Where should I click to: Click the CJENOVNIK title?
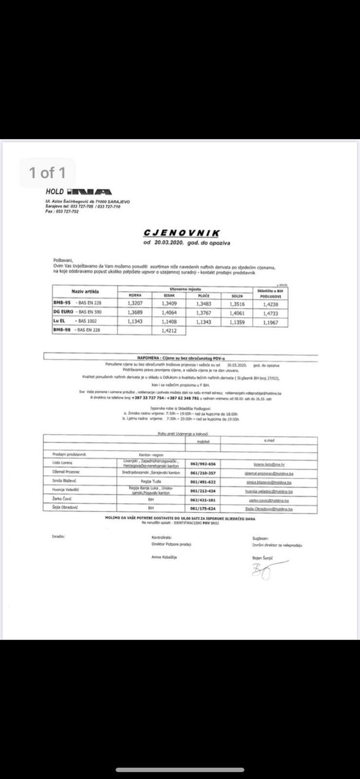click(x=182, y=234)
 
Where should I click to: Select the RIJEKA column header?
click(x=134, y=296)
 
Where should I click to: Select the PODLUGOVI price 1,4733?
click(x=270, y=313)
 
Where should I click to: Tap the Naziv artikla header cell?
click(x=85, y=291)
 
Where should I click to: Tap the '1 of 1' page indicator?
click(x=47, y=172)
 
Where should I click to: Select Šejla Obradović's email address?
click(x=269, y=509)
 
